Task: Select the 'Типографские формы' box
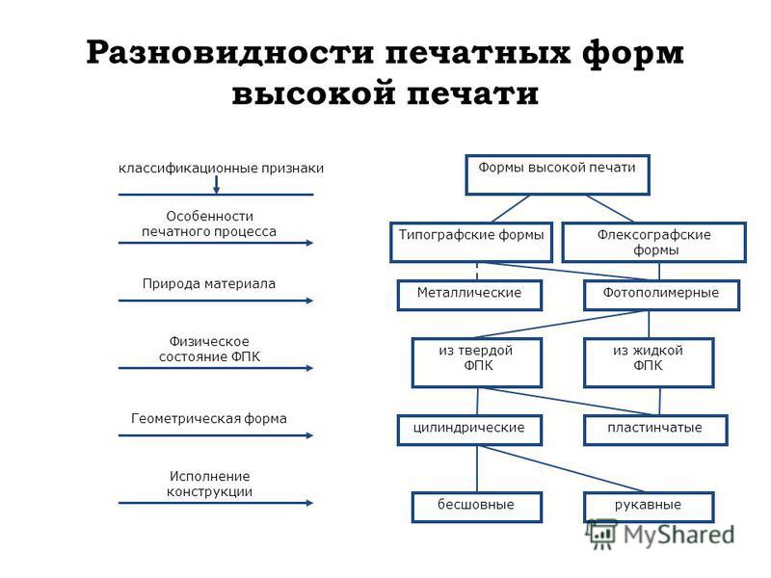click(471, 242)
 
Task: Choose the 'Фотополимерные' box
click(662, 295)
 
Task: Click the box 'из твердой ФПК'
click(476, 362)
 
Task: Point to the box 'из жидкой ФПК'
click(649, 362)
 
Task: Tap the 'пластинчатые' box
click(655, 430)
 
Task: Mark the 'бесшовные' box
click(476, 507)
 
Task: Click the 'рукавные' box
click(649, 507)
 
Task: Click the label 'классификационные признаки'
click(222, 168)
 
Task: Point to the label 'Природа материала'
click(209, 283)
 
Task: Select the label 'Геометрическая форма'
click(209, 418)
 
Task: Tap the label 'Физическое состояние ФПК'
click(209, 349)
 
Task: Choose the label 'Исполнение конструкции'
click(209, 484)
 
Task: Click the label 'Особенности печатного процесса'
click(209, 223)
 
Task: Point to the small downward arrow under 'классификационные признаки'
click(216, 186)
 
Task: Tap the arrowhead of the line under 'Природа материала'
click(308, 301)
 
